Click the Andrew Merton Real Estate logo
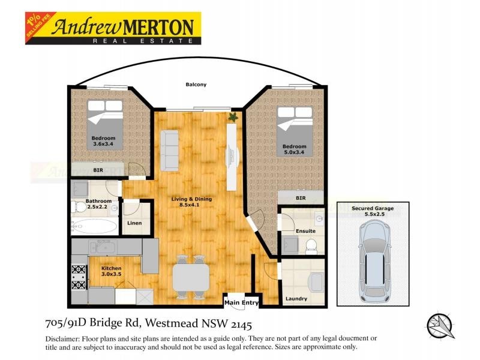point(124,29)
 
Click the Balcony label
point(196,85)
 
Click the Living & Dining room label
point(192,202)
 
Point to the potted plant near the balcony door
point(233,117)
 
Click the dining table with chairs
point(191,277)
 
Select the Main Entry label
point(241,303)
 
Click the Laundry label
point(296,298)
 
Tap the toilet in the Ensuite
point(311,245)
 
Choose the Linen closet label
point(134,224)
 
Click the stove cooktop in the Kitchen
point(78,276)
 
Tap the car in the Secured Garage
point(373,261)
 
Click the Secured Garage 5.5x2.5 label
point(373,211)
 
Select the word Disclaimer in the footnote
point(62,339)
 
